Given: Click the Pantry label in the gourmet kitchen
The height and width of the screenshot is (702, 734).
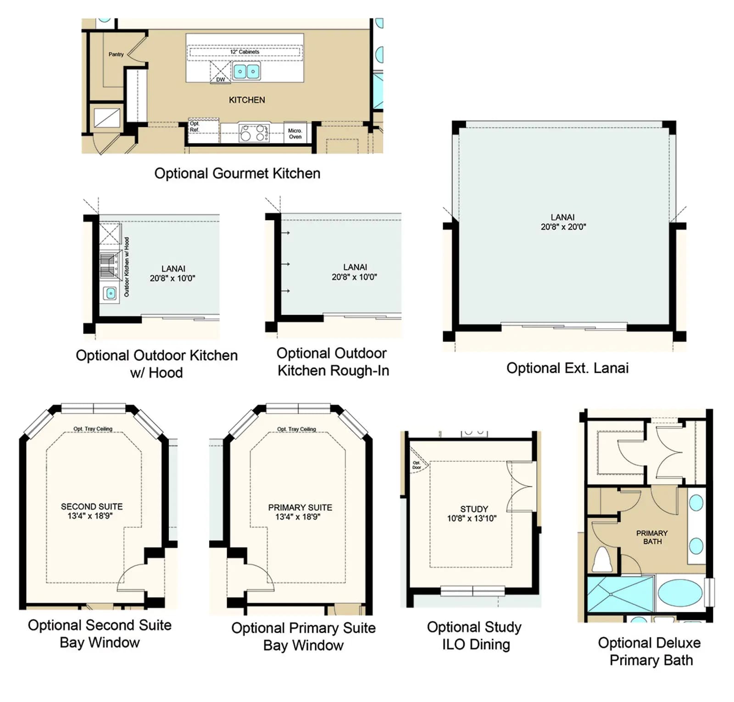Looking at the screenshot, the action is pos(116,54).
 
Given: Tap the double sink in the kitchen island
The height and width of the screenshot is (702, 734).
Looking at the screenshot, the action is pos(246,72).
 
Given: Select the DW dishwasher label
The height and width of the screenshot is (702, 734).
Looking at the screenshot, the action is pos(221,79).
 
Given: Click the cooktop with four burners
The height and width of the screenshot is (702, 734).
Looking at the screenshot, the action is pos(254,133).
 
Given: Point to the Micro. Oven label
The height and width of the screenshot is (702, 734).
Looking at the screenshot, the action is pos(295,133).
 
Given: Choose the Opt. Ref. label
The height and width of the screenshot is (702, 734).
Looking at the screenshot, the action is pos(195,127).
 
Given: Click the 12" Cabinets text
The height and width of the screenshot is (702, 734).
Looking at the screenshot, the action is pos(245,52).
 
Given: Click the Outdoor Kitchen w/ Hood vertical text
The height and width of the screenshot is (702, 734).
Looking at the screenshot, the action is pos(127,267).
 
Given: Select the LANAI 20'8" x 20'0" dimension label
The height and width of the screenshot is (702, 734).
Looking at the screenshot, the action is pos(563,222).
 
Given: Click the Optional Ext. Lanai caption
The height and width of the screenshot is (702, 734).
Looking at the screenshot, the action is pos(567,368).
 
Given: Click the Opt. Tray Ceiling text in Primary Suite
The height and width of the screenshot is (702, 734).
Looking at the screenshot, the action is pos(296,429).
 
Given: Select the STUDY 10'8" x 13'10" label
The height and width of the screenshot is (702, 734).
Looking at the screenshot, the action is pos(473,514).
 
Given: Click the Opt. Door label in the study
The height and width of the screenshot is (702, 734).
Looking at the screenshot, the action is pos(417,465).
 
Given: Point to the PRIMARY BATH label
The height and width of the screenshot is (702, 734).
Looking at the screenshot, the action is pos(652,537).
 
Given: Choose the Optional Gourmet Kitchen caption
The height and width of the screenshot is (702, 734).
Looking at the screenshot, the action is pos(237,173).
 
